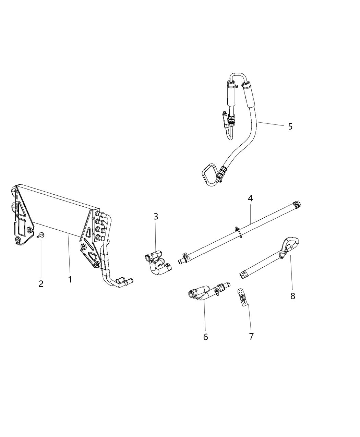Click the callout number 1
click(70, 279)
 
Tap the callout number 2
click(41, 284)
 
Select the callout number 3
click(156, 216)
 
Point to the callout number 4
click(250, 198)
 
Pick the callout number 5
click(290, 126)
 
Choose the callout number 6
click(205, 337)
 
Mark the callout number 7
click(251, 336)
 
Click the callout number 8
click(293, 296)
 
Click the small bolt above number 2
click(40, 235)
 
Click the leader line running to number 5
click(271, 124)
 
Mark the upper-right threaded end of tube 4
click(297, 205)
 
